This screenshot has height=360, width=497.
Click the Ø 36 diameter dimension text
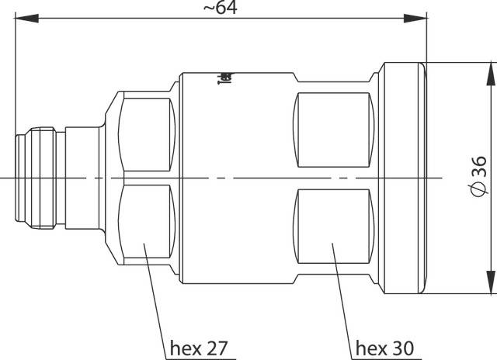(478, 178)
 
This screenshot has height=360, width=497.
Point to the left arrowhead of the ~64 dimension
(22, 17)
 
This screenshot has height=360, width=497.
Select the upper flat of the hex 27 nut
(148, 137)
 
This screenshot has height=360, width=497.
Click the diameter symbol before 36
(478, 193)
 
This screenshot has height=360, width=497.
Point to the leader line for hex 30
(341, 295)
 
